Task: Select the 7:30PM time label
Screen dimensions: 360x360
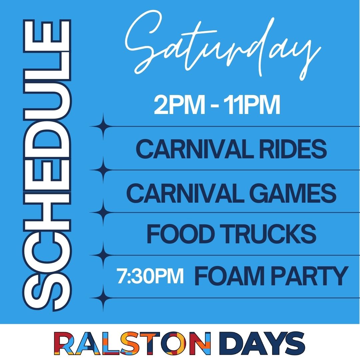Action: (150, 277)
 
